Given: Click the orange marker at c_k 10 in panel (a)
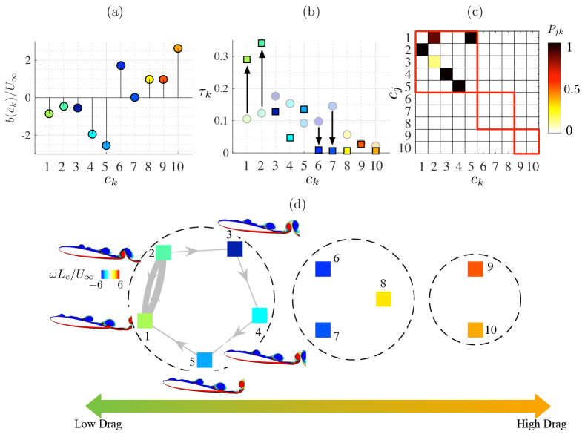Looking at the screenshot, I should (x=178, y=48).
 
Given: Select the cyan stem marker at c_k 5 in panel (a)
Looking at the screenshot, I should (x=106, y=145).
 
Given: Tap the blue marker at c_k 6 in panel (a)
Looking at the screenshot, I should (x=121, y=65).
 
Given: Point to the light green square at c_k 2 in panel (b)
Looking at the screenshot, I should (x=261, y=43).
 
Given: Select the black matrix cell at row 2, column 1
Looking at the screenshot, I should (x=421, y=50).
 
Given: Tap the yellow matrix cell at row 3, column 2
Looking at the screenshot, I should (x=434, y=62).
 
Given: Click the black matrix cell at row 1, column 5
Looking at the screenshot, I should (x=471, y=38).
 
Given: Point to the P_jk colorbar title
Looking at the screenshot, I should (x=558, y=30).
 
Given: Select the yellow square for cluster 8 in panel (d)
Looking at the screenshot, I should (x=383, y=299).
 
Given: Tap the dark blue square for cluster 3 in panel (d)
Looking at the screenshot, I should (x=235, y=249).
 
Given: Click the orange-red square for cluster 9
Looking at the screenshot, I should (x=475, y=269).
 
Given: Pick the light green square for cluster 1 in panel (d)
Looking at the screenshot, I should (x=145, y=321).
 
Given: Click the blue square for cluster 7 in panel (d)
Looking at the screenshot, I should (x=323, y=329).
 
